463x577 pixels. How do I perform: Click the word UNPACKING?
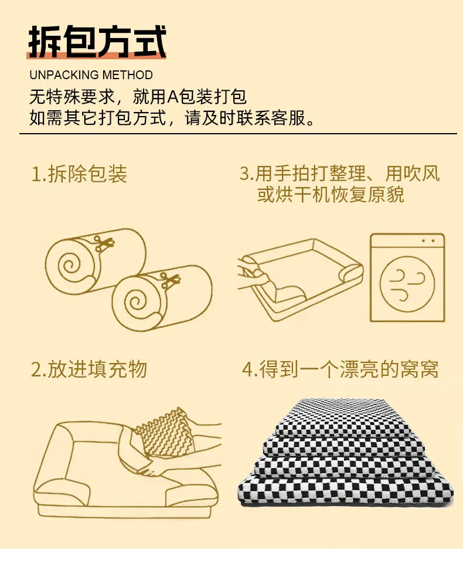tap(64, 75)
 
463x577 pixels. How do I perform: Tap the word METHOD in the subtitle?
tap(128, 75)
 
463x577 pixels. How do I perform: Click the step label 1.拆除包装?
tap(79, 174)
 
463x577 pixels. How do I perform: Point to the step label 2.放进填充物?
tap(89, 369)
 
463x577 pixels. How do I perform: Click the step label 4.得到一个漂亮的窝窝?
tap(340, 369)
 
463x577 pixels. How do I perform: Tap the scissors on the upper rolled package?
tap(103, 243)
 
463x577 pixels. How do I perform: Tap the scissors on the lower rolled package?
tap(169, 280)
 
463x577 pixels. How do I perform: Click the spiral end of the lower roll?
tap(135, 303)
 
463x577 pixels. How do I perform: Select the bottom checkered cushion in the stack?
tap(346, 490)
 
